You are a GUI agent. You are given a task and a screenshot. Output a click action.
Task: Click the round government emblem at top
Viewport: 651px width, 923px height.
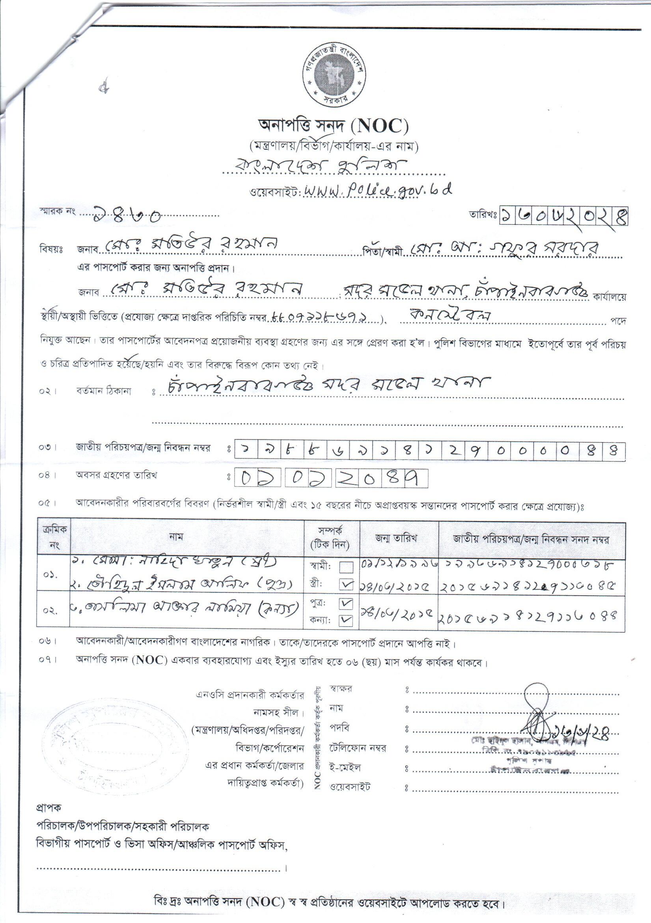(x=333, y=77)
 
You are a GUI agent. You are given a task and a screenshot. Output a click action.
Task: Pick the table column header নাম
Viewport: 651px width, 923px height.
(x=176, y=538)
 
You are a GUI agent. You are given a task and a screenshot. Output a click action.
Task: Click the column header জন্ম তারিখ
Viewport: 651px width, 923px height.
(x=396, y=539)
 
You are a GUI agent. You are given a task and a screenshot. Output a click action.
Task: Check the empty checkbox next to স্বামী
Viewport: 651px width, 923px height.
(x=346, y=567)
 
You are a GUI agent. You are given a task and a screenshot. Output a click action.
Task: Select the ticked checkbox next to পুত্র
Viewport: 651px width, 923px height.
(x=346, y=604)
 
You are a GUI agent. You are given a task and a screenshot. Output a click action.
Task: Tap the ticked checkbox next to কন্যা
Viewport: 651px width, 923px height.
(x=346, y=621)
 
